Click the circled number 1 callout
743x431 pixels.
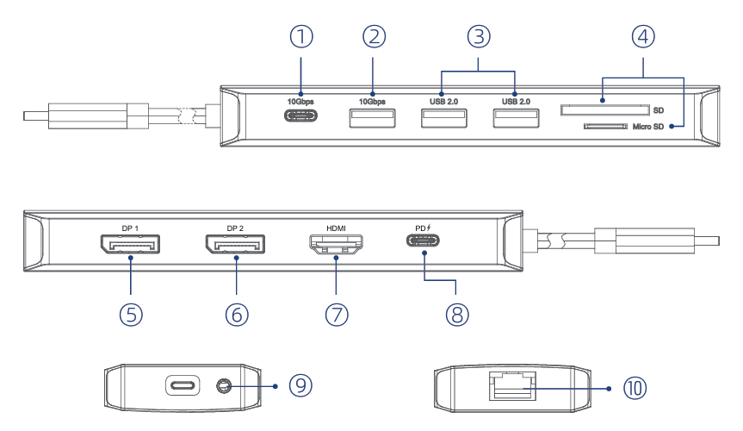300,37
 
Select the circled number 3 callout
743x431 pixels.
479,37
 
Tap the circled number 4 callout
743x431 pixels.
642,37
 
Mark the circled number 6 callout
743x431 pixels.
237,314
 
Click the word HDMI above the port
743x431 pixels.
337,228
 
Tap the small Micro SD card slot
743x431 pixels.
604,127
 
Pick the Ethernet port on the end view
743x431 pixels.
511,385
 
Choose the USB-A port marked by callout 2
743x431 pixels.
372,118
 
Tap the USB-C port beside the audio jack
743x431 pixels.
183,385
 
